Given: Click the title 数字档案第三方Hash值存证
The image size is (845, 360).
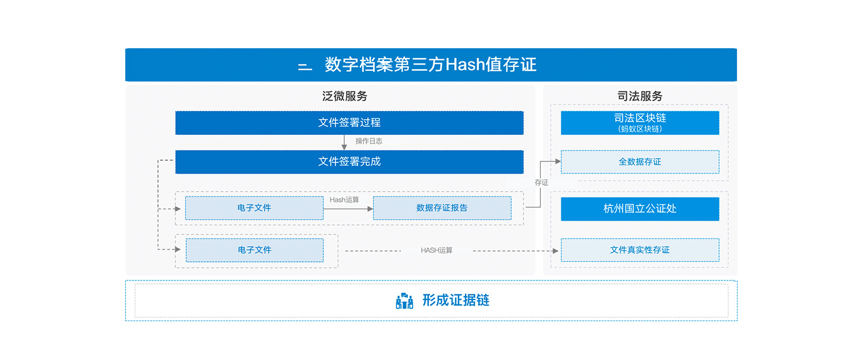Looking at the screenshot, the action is click(x=431, y=64).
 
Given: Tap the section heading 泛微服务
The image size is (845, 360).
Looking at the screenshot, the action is click(x=344, y=96).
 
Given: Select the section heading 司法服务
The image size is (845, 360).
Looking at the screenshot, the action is click(x=640, y=96).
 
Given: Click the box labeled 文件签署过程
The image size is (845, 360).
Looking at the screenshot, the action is click(x=349, y=123).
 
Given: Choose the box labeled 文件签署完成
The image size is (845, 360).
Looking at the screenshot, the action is click(x=349, y=162).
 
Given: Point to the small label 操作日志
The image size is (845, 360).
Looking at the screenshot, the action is click(x=369, y=141).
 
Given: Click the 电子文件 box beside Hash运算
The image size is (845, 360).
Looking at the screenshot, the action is click(x=254, y=208).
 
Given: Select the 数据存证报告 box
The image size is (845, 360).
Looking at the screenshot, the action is click(x=442, y=208).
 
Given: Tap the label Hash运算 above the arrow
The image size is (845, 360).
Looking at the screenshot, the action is click(x=344, y=200).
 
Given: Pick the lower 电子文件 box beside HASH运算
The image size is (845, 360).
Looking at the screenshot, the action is click(x=255, y=250).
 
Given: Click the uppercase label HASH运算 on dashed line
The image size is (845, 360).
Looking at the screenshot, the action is click(x=436, y=250).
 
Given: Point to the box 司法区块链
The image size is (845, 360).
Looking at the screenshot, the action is click(x=640, y=123).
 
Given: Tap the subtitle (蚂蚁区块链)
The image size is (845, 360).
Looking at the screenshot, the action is click(x=640, y=129).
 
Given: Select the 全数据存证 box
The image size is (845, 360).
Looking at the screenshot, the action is click(x=640, y=162).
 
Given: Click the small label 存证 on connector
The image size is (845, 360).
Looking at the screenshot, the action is click(x=541, y=183).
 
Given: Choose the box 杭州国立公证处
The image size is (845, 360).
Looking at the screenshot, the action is click(x=640, y=208).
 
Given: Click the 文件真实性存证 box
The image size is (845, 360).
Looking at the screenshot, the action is click(x=640, y=250).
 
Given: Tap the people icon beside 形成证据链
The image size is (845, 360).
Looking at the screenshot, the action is click(x=405, y=301).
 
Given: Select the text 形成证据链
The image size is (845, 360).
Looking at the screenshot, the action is click(x=456, y=300).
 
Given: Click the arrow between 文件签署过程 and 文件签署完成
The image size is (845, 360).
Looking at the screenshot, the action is click(x=344, y=142).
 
